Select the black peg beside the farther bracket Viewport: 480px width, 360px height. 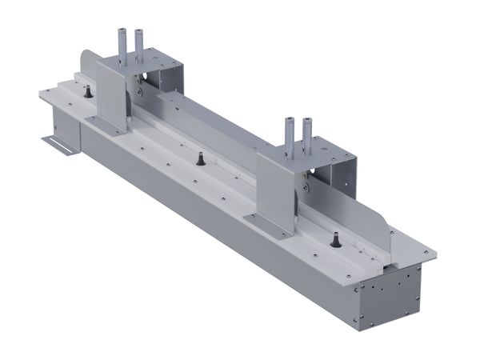(86, 94)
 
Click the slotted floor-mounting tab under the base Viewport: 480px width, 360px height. (59, 145)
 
